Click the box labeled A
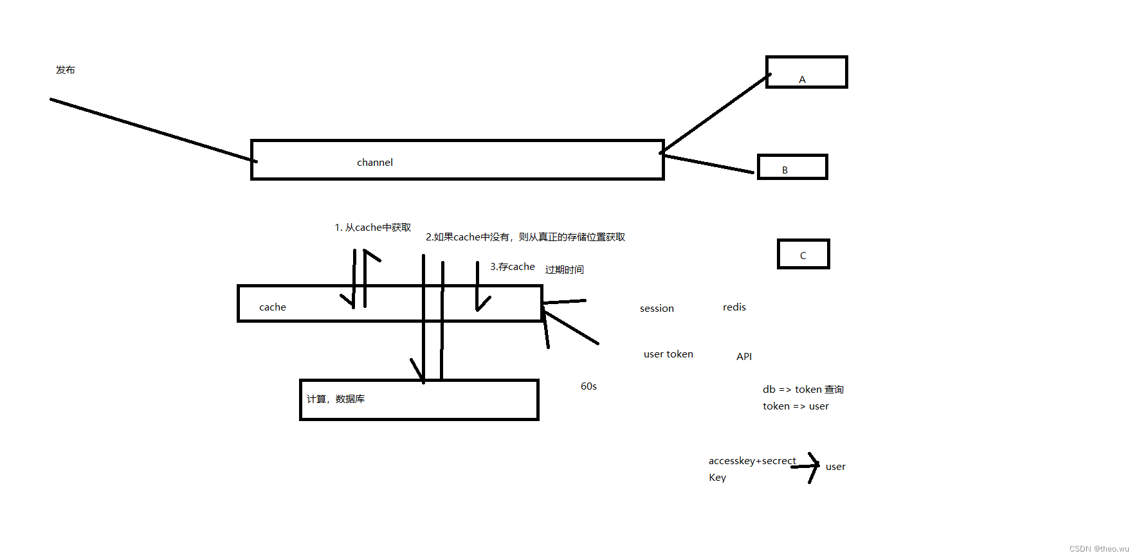[806, 72]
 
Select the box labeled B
[792, 167]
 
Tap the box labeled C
[803, 254]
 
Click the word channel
[375, 163]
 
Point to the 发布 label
[66, 70]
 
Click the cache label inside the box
[273, 307]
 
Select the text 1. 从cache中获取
[373, 228]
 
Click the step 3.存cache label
[513, 267]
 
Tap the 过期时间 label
[565, 270]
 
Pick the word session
[657, 309]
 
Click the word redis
[734, 307]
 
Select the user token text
[668, 354]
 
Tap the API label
[744, 357]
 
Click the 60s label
[588, 386]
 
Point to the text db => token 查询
[803, 390]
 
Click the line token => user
[796, 406]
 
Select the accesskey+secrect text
[752, 461]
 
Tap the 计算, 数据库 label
[336, 399]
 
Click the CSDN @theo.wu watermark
[1099, 549]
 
